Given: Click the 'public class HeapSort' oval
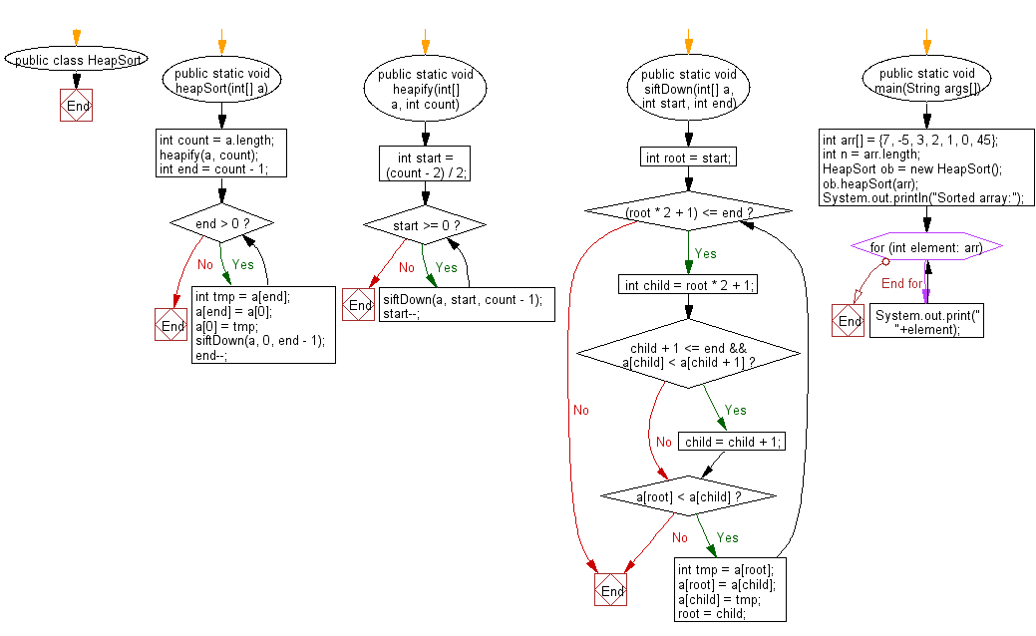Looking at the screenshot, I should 77,60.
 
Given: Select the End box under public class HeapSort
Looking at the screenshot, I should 77,106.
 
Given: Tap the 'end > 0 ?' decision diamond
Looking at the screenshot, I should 221,224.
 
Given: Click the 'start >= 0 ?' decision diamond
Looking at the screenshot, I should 426,225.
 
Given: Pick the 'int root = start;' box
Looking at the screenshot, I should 688,157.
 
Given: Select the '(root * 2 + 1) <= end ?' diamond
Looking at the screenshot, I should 688,212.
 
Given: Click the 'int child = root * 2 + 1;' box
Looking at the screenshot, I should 689,285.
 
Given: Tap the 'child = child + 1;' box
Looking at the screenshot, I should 731,442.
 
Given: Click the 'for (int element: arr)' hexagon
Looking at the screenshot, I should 926,246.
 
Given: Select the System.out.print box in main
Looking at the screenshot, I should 926,322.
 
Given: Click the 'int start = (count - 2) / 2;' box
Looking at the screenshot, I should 426,164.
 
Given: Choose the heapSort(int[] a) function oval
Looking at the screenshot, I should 221,81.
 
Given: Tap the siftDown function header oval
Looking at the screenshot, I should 689,88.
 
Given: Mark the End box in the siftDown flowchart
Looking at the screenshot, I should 610,591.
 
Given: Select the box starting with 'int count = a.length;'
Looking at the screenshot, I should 221,156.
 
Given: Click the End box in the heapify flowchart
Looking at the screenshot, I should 358,305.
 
